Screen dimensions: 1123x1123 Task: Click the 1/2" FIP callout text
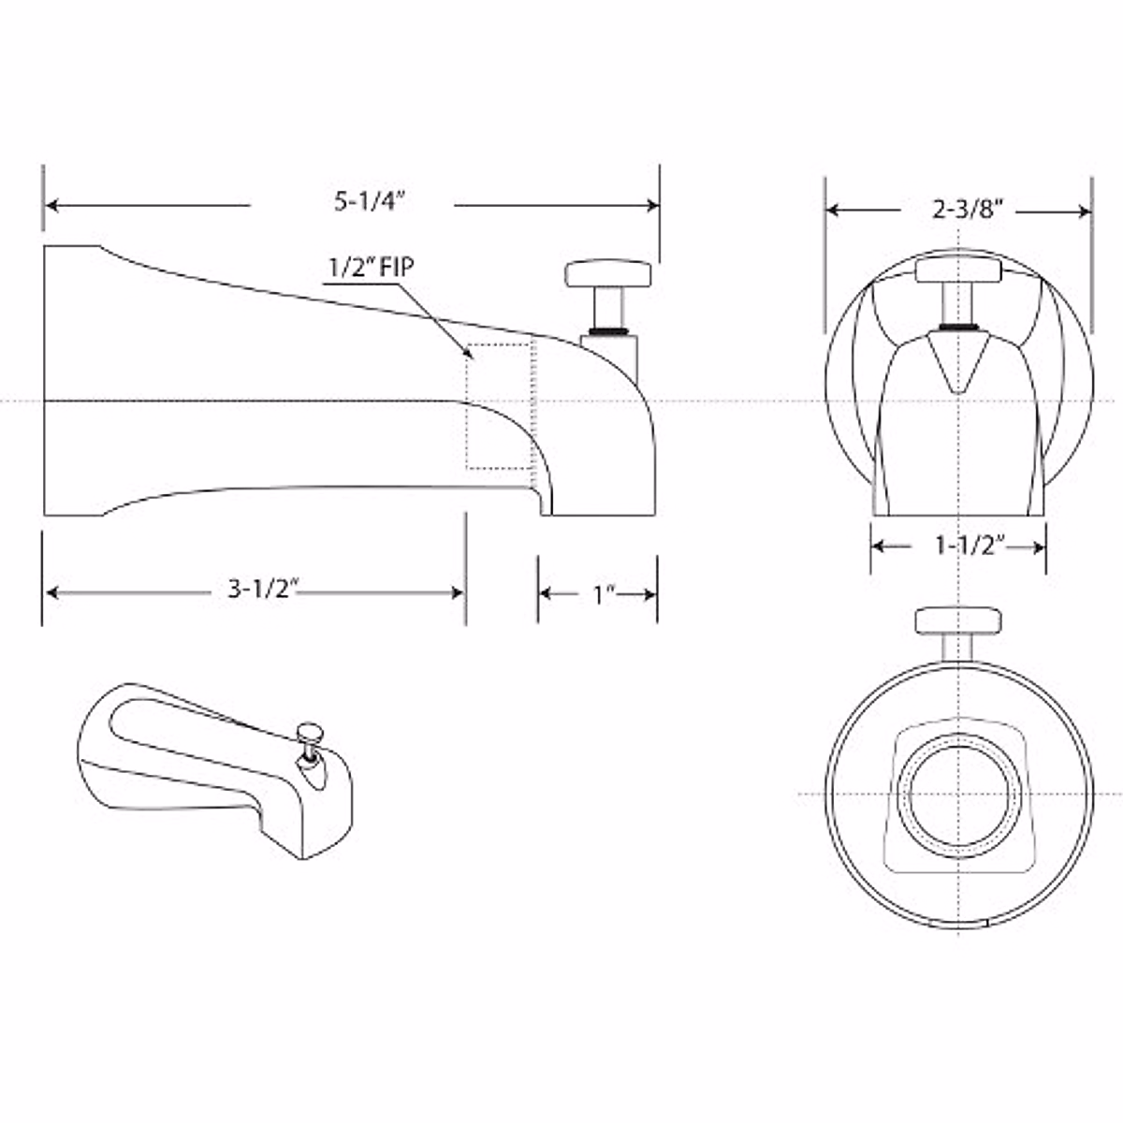click(x=370, y=267)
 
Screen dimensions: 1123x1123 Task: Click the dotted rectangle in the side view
click(x=500, y=405)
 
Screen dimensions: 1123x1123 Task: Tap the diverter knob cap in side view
click(x=607, y=274)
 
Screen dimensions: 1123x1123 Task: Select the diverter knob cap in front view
click(x=958, y=270)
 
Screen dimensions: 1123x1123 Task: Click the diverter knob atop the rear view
click(x=958, y=620)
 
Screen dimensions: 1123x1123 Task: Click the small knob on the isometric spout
click(x=308, y=731)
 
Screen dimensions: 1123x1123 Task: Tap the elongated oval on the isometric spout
click(x=178, y=730)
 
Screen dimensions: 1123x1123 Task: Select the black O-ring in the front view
click(x=958, y=327)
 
